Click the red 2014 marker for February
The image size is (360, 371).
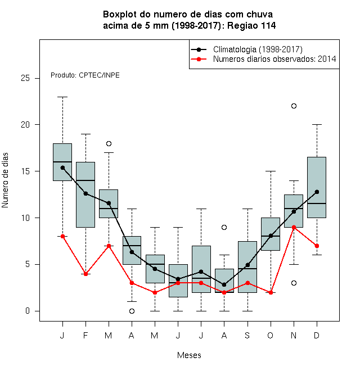pyautogui.click(x=85, y=274)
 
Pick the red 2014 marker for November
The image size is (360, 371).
pyautogui.click(x=294, y=228)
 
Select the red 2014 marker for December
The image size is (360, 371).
pyautogui.click(x=317, y=246)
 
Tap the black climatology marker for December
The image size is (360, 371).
pyautogui.click(x=317, y=192)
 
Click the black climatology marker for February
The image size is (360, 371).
pyautogui.click(x=85, y=193)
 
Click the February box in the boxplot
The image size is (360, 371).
pyautogui.click(x=85, y=194)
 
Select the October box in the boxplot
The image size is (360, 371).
pyautogui.click(x=271, y=234)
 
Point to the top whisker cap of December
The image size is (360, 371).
pyautogui.click(x=317, y=124)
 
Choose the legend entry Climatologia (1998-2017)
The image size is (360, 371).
pyautogui.click(x=247, y=49)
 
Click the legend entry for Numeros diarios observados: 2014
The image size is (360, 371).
pyautogui.click(x=263, y=59)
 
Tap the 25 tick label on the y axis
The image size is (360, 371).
pyautogui.click(x=25, y=78)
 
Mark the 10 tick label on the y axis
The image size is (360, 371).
pyautogui.click(x=25, y=218)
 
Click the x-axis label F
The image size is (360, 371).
pyautogui.click(x=85, y=335)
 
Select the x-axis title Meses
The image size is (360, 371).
pyautogui.click(x=189, y=355)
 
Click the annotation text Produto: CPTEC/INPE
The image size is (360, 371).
pyautogui.click(x=85, y=75)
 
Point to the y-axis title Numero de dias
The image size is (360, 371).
pyautogui.click(x=5, y=180)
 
